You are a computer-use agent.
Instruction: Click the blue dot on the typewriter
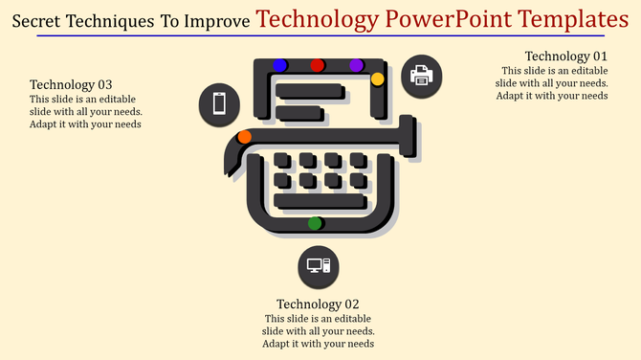point(280,65)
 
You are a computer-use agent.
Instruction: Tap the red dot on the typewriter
point(318,65)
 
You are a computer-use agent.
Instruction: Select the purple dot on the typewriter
point(357,65)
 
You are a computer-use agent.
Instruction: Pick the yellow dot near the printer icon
point(377,79)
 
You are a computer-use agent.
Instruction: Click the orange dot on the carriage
point(245,137)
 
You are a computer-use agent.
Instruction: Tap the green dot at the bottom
point(315,223)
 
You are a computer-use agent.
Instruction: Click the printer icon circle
point(421,78)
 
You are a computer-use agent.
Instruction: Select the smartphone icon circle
point(219,102)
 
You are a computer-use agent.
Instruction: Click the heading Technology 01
point(566,56)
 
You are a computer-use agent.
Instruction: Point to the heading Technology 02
point(318,304)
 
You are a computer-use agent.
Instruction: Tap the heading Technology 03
point(71,84)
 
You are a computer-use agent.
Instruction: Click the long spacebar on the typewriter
point(320,201)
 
